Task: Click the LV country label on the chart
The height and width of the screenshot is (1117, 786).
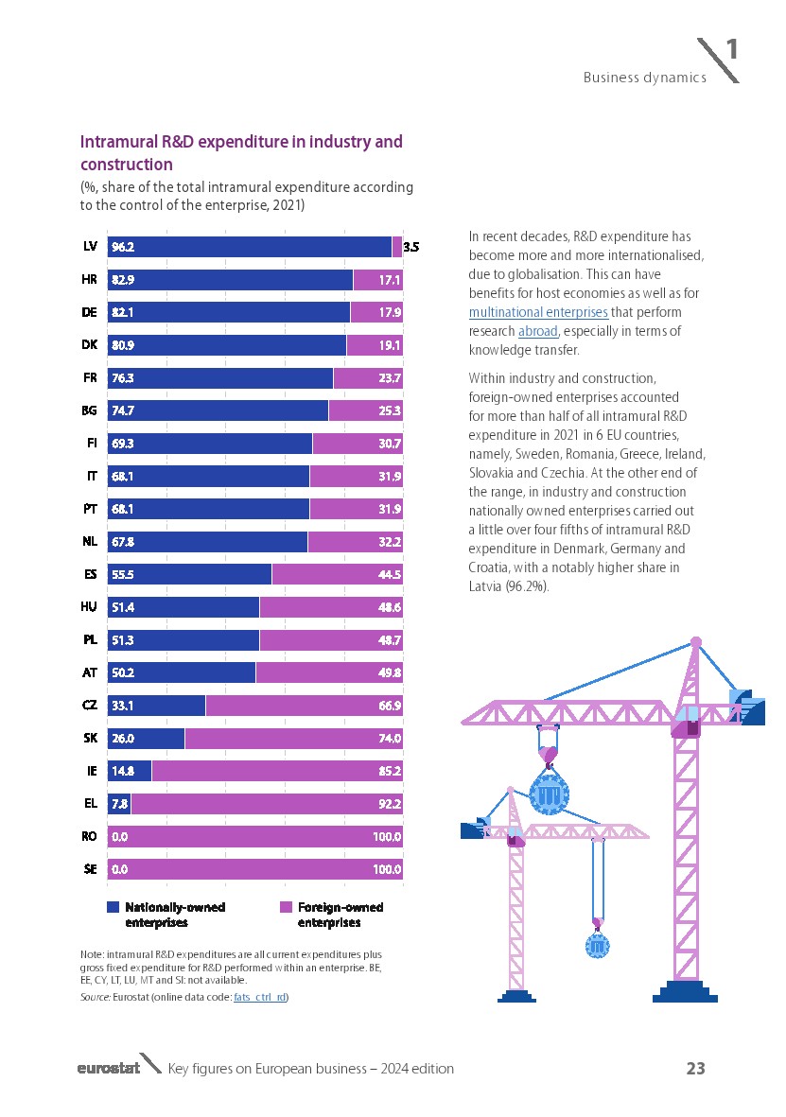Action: pos(91,247)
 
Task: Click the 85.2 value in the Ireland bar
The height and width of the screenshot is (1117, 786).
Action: pos(389,771)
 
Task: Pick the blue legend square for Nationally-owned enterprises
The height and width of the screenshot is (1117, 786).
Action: pos(114,907)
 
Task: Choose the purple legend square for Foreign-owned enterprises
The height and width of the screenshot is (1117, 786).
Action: pos(286,907)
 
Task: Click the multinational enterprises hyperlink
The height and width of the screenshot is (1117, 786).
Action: pos(538,312)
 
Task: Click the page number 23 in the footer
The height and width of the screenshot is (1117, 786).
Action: pos(695,1069)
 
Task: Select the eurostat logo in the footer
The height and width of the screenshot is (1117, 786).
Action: pos(109,1069)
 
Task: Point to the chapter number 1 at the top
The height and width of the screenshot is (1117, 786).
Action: pos(731,50)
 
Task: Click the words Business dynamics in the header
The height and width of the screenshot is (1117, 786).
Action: pos(644,78)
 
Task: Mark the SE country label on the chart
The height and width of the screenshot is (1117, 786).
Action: pos(91,869)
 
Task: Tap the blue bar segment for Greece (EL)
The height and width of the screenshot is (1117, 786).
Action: pos(119,804)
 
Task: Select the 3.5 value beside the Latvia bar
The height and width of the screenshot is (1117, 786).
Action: pos(411,247)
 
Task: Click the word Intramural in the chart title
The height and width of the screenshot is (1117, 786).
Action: pos(118,142)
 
